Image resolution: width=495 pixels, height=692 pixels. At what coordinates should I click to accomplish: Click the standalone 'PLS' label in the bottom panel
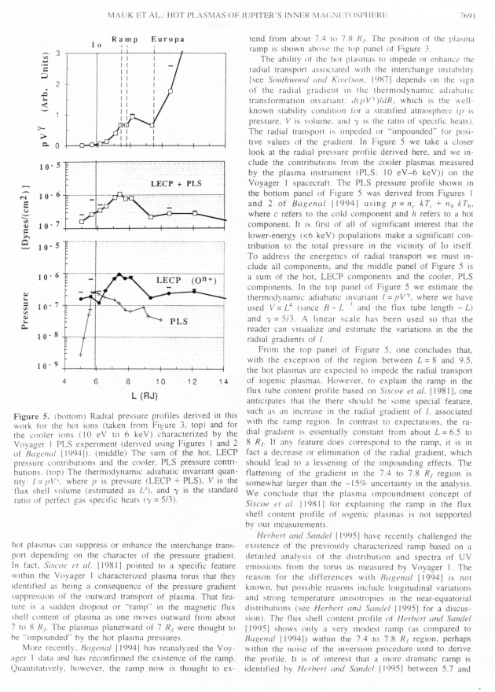click(x=180, y=321)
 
